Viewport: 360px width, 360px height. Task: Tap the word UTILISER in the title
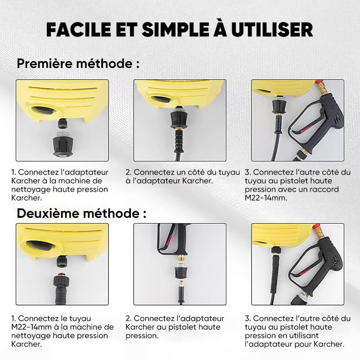click(272, 30)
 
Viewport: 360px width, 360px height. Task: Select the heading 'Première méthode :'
click(78, 63)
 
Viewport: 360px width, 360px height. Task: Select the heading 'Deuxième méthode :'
click(81, 213)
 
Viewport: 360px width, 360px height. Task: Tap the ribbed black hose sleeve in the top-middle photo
click(179, 140)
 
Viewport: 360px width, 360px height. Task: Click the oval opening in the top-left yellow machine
click(44, 111)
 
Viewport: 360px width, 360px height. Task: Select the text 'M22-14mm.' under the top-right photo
click(266, 198)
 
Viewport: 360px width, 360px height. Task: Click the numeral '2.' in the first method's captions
click(129, 172)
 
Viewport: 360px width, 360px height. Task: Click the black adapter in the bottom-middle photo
click(181, 272)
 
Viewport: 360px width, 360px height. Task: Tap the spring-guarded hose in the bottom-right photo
click(274, 273)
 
